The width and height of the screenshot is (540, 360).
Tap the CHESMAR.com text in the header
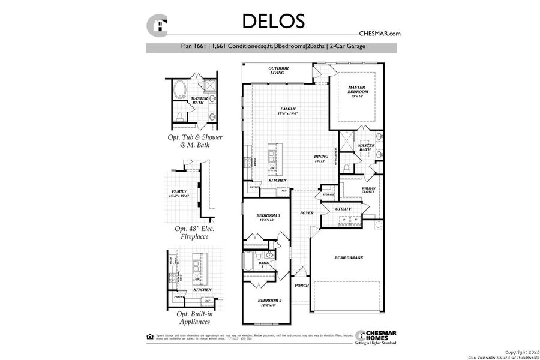(x=379, y=34)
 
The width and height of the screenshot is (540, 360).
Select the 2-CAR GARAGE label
(x=349, y=258)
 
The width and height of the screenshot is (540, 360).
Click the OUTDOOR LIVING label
(x=279, y=71)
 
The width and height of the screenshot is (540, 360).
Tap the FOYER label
(x=307, y=213)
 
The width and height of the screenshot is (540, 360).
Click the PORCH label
(x=301, y=286)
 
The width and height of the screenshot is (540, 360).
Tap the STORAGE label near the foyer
(x=328, y=194)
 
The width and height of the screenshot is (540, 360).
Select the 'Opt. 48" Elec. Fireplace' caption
(x=195, y=233)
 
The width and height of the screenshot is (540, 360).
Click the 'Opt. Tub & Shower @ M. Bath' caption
(x=195, y=140)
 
